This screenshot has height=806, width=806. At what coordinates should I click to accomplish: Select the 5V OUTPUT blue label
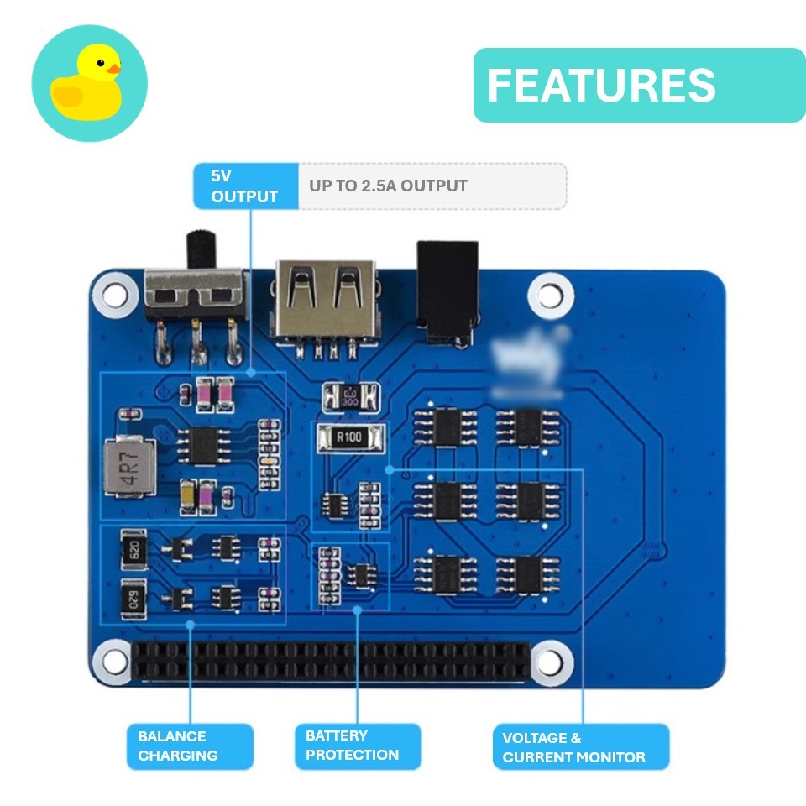coord(245,186)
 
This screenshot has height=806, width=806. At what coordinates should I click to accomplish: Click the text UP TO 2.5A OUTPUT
coord(388,186)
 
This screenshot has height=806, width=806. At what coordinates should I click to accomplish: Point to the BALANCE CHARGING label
coord(190,746)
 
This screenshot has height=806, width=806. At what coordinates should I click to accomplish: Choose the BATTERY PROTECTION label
coord(358,746)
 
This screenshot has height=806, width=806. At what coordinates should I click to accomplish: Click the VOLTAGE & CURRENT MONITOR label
coord(580,747)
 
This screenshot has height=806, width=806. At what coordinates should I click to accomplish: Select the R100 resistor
coord(349,437)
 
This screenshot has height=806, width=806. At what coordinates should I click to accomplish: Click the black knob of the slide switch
coord(199,249)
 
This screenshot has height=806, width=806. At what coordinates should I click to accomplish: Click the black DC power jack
coord(447,290)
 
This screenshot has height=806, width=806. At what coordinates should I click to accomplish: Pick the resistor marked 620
coord(133,551)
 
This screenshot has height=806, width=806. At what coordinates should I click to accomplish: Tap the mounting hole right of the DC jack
coord(550,295)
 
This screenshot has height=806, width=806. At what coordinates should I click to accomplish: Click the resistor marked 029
coord(133,598)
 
